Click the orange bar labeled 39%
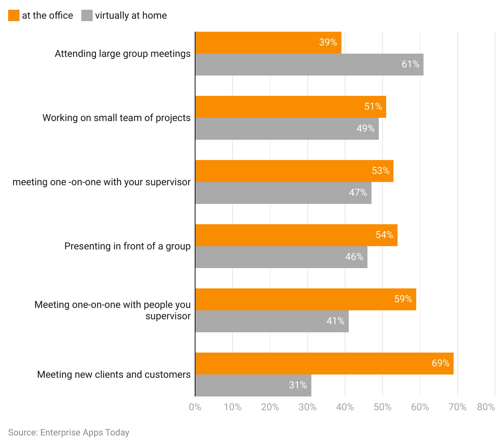268,43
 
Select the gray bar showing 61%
309,65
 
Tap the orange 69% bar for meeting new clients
324,364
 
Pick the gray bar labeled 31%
253,385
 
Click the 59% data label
403,299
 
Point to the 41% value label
335,321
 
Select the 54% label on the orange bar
384,235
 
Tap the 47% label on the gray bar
358,193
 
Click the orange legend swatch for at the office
14,15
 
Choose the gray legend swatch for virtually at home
87,15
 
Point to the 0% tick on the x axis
195,407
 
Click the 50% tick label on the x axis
382,407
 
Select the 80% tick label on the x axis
486,407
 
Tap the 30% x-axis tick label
307,407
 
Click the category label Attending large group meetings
122,54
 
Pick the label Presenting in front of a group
127,246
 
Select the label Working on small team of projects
116,118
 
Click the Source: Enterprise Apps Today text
69,433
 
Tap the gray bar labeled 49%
287,129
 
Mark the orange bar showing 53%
294,171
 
